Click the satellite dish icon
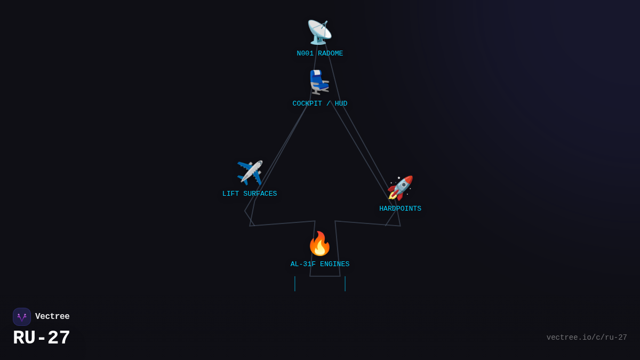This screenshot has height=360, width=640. [x=319, y=33]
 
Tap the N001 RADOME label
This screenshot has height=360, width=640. [x=319, y=53]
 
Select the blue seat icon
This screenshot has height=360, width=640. [x=319, y=82]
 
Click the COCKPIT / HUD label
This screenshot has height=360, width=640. [x=319, y=103]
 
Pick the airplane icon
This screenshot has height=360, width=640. [x=250, y=173]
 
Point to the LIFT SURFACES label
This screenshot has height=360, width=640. [x=250, y=194]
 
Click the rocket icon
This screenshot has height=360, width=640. [x=400, y=188]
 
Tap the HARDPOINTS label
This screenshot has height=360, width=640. [x=400, y=209]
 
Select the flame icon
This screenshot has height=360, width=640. [x=319, y=243]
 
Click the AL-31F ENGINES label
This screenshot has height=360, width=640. [x=319, y=264]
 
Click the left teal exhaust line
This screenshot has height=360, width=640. [x=295, y=284]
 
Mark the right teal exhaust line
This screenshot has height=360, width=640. [x=345, y=284]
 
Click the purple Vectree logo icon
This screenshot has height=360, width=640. [x=22, y=317]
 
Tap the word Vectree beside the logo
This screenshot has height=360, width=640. [x=52, y=316]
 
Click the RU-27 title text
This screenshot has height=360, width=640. [x=42, y=338]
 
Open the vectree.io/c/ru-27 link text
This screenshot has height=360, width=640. [x=587, y=338]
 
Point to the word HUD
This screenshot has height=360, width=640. [x=341, y=103]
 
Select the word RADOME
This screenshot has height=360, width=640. [x=330, y=53]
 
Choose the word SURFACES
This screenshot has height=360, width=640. [x=260, y=194]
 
